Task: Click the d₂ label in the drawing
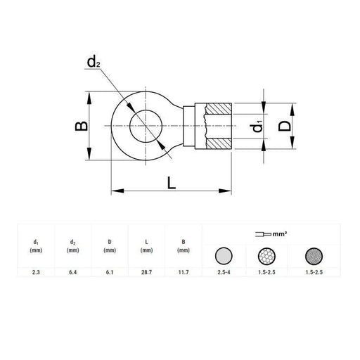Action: coord(93,64)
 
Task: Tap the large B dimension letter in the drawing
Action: coord(82,127)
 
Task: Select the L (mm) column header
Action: coord(146,245)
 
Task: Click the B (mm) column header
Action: coord(183,245)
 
